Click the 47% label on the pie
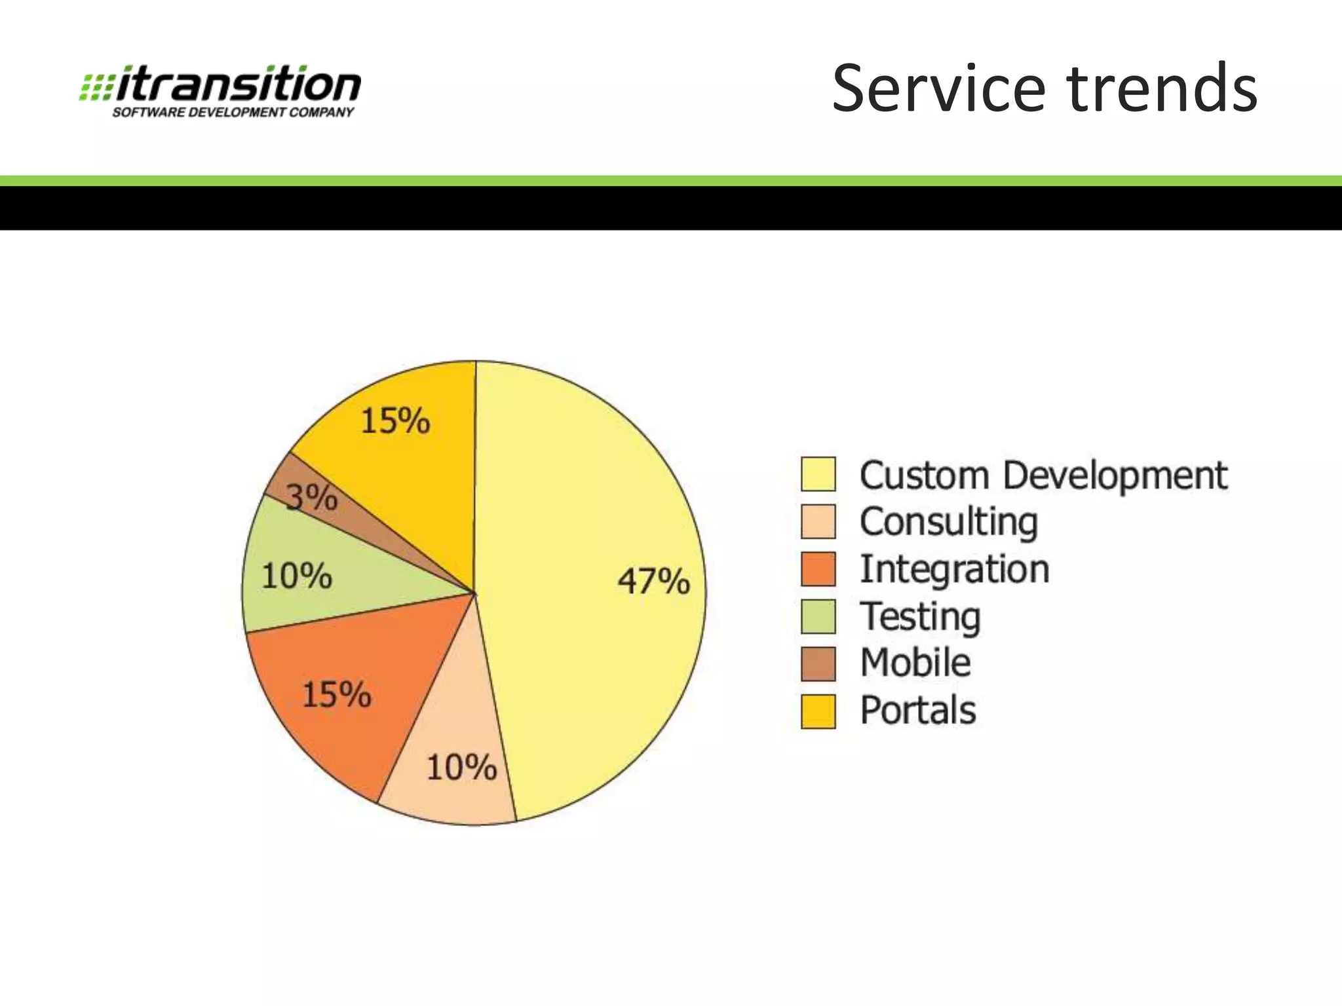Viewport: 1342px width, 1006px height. click(653, 581)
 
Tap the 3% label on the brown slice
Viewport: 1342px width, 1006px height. click(312, 498)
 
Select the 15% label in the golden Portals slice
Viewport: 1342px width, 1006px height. click(395, 420)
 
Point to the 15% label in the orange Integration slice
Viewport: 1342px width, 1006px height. click(336, 694)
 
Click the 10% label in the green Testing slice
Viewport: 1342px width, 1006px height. click(297, 576)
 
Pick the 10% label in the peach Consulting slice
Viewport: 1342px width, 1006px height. click(461, 767)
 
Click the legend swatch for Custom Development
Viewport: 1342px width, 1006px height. click(818, 474)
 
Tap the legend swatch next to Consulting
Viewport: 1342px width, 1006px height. click(818, 521)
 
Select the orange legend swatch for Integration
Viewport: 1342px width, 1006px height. click(818, 568)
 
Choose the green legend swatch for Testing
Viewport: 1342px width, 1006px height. click(818, 616)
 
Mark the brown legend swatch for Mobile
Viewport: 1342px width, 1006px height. click(818, 663)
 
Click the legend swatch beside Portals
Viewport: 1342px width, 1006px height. click(818, 711)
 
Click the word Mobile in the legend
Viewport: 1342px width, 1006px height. click(915, 662)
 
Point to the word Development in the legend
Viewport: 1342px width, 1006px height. click(1115, 475)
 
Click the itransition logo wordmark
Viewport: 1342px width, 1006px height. click(239, 84)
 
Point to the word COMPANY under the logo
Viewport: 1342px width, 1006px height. click(321, 113)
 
